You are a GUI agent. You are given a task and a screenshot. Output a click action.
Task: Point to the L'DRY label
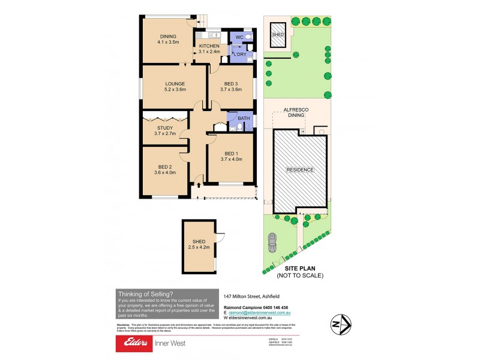(240, 55)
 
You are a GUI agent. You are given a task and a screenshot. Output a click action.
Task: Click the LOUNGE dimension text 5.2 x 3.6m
(175, 89)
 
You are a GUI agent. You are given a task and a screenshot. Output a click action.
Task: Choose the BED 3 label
(230, 83)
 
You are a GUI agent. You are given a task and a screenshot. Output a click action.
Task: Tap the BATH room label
(244, 118)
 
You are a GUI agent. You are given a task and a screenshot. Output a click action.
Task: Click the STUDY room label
(165, 127)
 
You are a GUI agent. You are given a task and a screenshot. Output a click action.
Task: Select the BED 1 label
(231, 154)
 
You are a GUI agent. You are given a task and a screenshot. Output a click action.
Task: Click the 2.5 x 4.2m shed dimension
(199, 248)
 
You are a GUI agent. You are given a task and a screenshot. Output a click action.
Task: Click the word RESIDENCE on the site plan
(299, 170)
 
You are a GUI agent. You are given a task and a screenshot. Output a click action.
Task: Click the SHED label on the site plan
(278, 35)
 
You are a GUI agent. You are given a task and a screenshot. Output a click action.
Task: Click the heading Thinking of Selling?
(146, 293)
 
